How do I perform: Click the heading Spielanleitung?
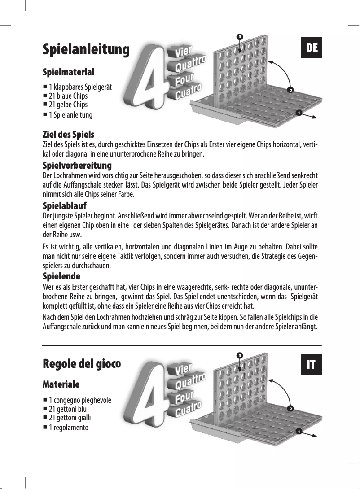(x=86, y=49)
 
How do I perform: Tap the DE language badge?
(x=312, y=48)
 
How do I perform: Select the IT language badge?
(x=311, y=365)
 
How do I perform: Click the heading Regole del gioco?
(x=82, y=363)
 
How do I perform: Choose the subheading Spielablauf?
(x=64, y=206)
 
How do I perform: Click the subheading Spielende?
(x=61, y=275)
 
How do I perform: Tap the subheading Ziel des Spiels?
(x=68, y=135)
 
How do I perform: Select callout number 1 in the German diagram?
(x=298, y=113)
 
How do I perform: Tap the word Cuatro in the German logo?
(x=188, y=92)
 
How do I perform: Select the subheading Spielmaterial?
(x=68, y=72)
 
